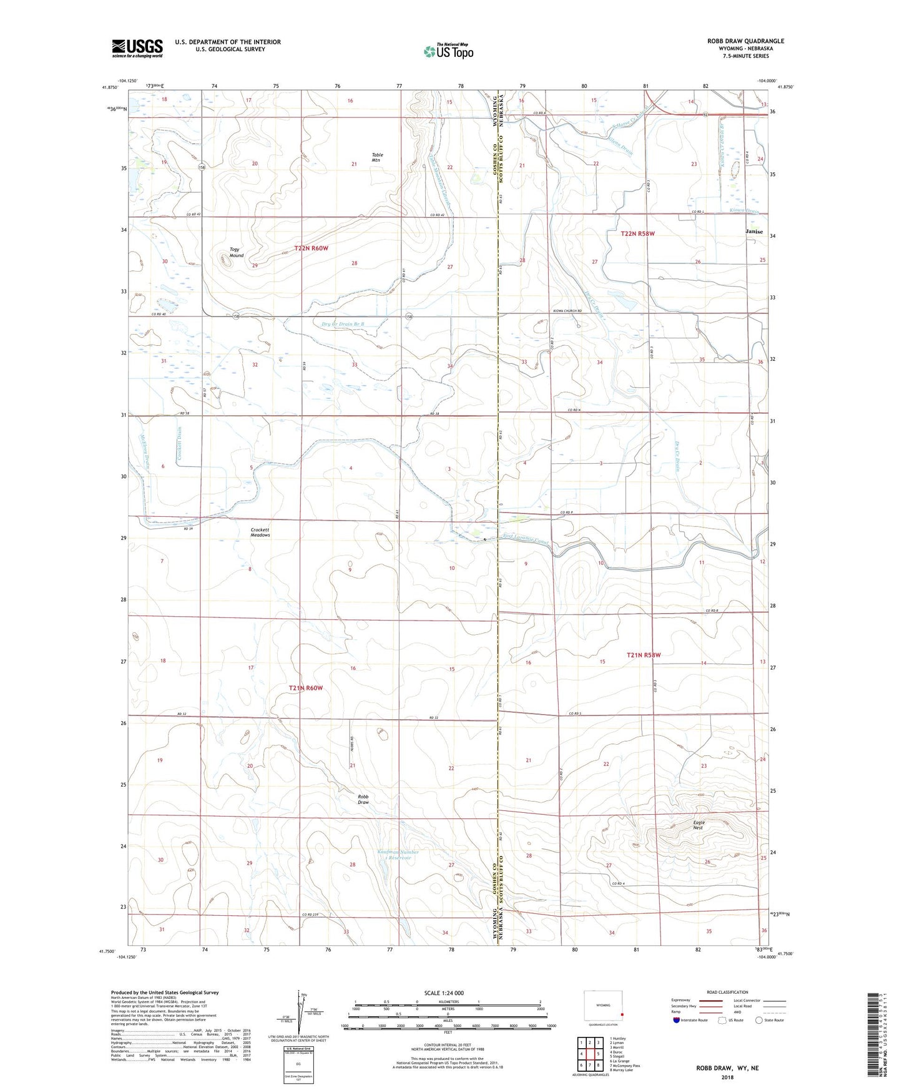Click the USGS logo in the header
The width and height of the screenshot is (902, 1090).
click(137, 48)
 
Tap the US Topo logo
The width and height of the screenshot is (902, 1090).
click(448, 51)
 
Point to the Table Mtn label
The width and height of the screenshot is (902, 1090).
click(377, 157)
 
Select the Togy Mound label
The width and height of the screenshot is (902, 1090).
click(236, 252)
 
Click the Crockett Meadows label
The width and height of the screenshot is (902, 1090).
click(260, 532)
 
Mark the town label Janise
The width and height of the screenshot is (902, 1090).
click(754, 232)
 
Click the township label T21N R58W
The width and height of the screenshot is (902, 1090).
click(643, 655)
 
